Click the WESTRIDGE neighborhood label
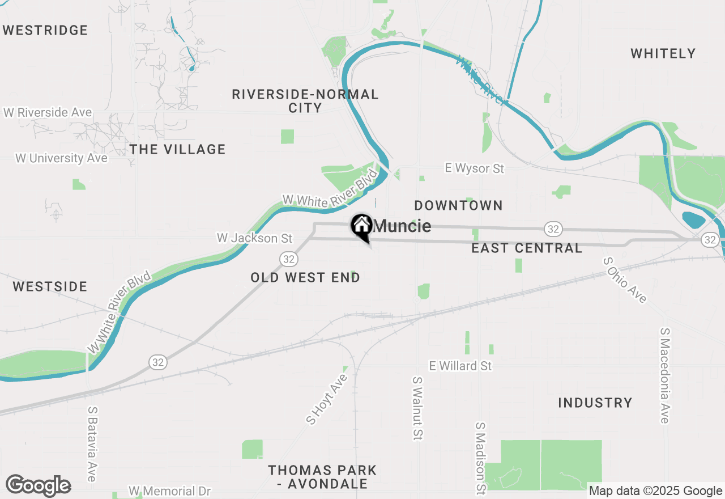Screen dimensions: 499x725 pyautogui.click(x=45, y=30)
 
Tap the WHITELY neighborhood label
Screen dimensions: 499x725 pyautogui.click(x=663, y=53)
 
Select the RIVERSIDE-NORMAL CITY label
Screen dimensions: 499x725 pyautogui.click(x=305, y=101)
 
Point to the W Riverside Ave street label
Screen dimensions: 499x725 pyautogui.click(x=48, y=112)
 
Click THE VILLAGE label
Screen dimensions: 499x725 pyautogui.click(x=177, y=149)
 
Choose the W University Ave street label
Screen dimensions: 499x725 pyautogui.click(x=61, y=158)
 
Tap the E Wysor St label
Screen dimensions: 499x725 pyautogui.click(x=474, y=168)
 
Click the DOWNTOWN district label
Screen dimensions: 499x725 pyautogui.click(x=458, y=205)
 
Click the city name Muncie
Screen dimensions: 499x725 pyautogui.click(x=403, y=226)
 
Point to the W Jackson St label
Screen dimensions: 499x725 pyautogui.click(x=254, y=238)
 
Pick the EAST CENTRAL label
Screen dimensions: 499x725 pyautogui.click(x=527, y=248)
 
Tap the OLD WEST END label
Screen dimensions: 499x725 pyautogui.click(x=305, y=277)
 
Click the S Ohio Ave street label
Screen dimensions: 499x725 pyautogui.click(x=625, y=280)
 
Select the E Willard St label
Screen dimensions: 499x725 pyautogui.click(x=460, y=366)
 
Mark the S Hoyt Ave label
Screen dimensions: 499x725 pyautogui.click(x=326, y=399)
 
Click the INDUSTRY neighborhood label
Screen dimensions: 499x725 pyautogui.click(x=595, y=403)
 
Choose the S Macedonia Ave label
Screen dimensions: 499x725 pyautogui.click(x=664, y=375)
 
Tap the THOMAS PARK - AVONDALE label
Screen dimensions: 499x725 pyautogui.click(x=322, y=477)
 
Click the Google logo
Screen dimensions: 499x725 pyautogui.click(x=39, y=486)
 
